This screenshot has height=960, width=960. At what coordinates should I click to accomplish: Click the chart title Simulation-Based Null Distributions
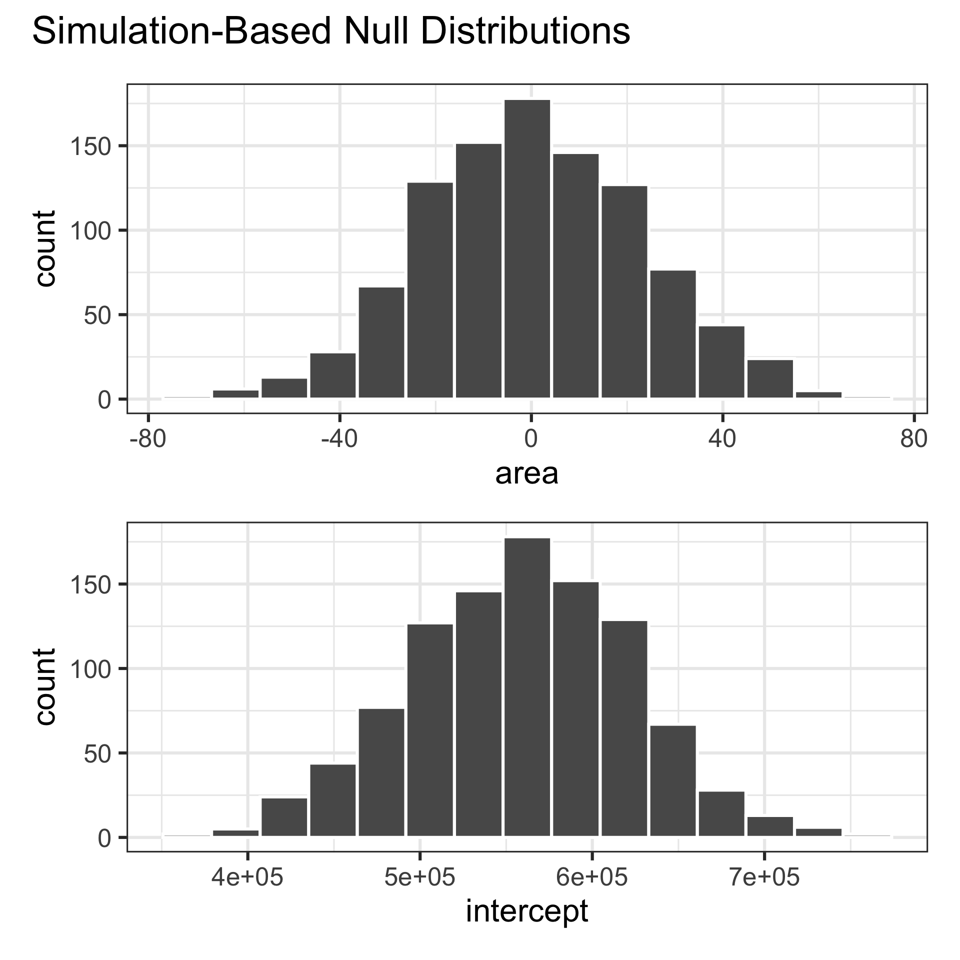tap(330, 33)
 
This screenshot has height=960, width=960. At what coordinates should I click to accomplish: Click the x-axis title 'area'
tap(526, 474)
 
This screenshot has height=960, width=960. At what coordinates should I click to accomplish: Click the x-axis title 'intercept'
tap(526, 911)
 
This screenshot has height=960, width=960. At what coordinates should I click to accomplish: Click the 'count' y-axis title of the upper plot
tap(46, 248)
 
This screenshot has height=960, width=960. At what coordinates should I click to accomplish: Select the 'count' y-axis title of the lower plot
tap(46, 686)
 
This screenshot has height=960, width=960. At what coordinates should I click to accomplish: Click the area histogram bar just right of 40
tap(721, 362)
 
